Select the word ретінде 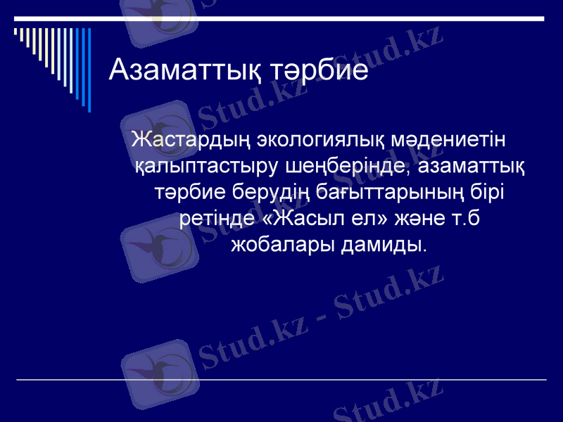(218, 218)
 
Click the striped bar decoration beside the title (53, 63)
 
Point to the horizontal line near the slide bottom (281, 380)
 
